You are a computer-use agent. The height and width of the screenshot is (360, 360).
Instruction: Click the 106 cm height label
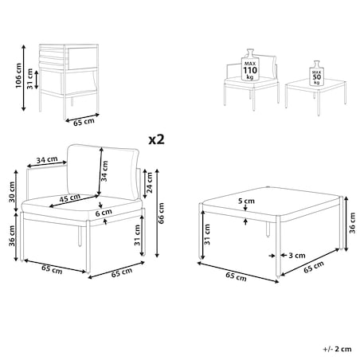pos(18,76)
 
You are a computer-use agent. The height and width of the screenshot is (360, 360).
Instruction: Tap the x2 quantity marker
pos(156,139)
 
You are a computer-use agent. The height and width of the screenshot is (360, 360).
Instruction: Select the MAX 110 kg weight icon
pos(250,65)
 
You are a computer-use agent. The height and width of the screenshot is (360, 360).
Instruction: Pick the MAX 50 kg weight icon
pos(316,73)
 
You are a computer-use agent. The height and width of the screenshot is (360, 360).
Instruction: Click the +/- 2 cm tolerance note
pos(337,349)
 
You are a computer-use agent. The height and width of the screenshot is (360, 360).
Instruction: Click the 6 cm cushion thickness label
pos(104,213)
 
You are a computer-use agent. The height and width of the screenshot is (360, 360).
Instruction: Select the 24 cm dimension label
pos(150,182)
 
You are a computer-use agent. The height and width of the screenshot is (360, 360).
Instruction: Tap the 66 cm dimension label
pos(161,213)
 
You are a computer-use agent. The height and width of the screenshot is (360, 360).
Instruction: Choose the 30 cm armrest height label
pos(12,192)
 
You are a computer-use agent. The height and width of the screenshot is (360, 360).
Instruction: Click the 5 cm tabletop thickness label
pos(246,201)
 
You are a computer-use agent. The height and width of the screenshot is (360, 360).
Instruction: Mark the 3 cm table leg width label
pos(297,256)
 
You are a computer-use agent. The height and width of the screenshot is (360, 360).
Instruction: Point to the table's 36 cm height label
pos(352,223)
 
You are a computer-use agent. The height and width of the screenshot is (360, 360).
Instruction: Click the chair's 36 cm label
pos(12,236)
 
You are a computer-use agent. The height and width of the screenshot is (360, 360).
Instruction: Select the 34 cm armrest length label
pos(47,160)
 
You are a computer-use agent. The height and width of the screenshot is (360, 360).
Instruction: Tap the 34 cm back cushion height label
pos(104,171)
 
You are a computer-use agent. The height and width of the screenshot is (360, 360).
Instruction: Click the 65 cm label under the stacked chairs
pos(84,123)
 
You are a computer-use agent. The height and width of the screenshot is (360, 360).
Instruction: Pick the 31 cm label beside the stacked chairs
pos(29,79)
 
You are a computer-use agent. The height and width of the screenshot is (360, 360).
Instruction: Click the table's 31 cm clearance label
pos(207,235)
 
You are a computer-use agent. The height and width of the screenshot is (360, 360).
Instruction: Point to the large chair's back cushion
pos(103,172)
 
